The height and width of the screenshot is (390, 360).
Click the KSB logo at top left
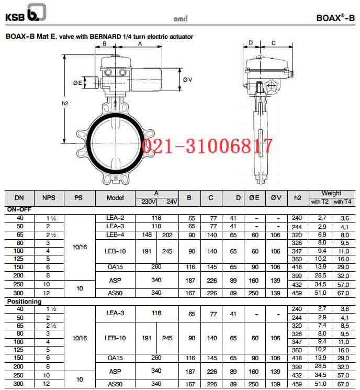[26, 13]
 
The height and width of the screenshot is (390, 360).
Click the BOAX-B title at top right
[335, 18]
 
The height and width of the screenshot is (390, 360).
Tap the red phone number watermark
[207, 146]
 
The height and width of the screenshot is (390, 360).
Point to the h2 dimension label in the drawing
[65, 103]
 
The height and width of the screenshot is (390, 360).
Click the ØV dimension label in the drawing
[188, 80]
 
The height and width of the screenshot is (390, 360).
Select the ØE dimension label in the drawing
[77, 83]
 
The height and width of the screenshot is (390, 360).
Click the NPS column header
[49, 198]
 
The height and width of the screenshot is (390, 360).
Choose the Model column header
[115, 198]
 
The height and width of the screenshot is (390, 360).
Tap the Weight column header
[331, 193]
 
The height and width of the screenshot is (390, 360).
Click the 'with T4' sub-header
[342, 202]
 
